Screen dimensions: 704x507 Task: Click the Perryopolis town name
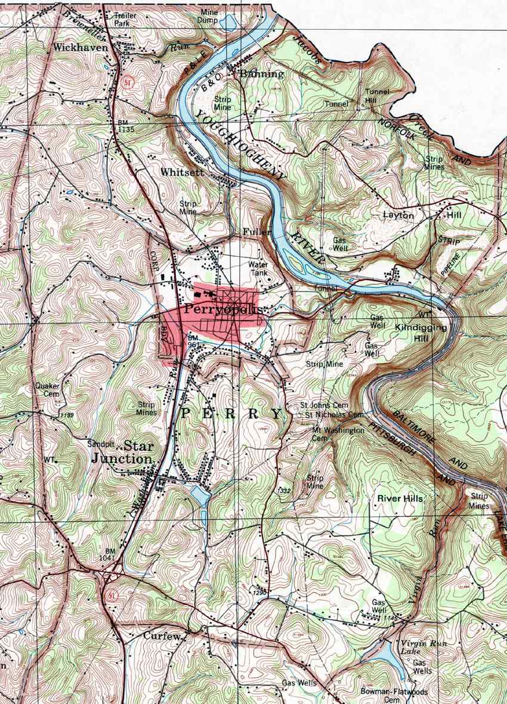click(220, 310)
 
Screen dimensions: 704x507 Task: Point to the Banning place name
click(261, 75)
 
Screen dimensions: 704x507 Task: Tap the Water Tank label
click(258, 269)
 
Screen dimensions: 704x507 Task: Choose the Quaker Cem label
click(47, 389)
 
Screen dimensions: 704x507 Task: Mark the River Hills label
click(400, 498)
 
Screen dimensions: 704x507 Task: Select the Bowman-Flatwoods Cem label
click(394, 696)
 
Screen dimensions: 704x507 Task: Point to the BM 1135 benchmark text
click(119, 126)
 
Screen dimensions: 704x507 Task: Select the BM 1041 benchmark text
click(110, 554)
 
